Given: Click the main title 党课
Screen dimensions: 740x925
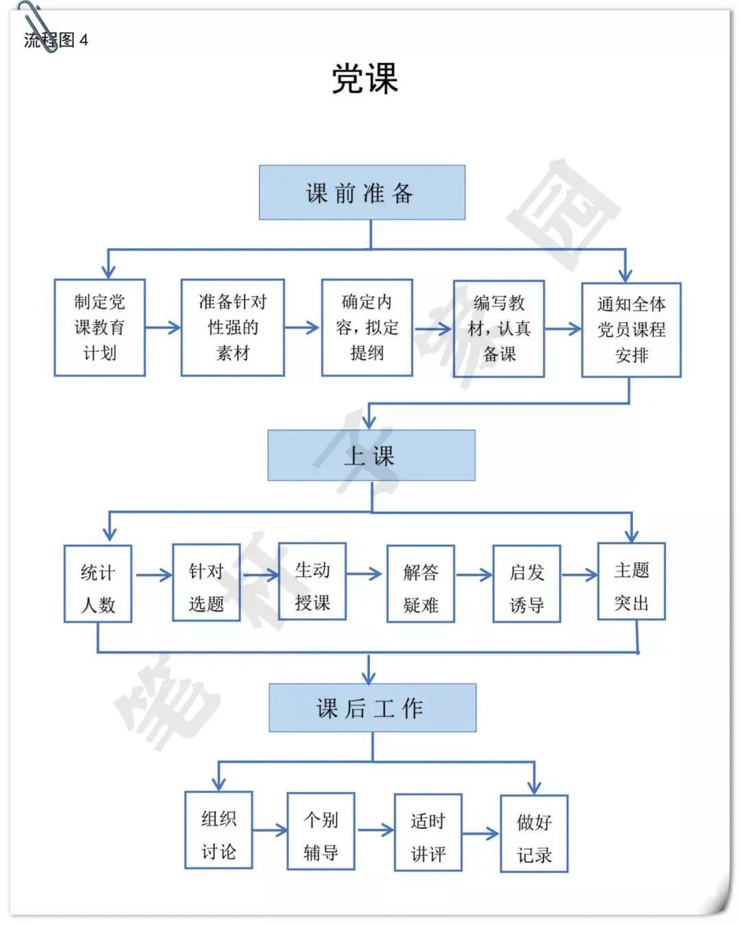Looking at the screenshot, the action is click(365, 78).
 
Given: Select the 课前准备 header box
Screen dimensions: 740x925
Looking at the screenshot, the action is click(362, 192).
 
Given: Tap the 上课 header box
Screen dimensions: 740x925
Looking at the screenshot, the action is click(371, 455).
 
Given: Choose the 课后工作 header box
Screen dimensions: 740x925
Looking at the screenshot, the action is click(372, 708).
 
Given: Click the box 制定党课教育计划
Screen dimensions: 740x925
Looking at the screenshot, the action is click(99, 328).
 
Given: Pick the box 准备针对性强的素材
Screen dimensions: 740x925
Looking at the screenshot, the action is click(233, 328).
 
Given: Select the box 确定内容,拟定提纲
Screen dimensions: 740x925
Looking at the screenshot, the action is click(367, 328).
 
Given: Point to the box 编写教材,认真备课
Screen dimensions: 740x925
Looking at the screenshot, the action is click(499, 329).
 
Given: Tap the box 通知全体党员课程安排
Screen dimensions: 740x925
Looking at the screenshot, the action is click(631, 330).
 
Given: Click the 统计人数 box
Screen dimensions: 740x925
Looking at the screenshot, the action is click(97, 584).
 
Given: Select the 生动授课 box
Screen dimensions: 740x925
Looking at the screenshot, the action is click(312, 581).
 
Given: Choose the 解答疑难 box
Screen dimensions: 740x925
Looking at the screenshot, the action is click(421, 584).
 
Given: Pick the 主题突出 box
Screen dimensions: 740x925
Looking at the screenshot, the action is click(631, 581).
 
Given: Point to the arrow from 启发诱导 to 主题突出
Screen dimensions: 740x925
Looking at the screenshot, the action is click(580, 575).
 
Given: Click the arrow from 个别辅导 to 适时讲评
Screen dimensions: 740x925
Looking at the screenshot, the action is click(375, 830).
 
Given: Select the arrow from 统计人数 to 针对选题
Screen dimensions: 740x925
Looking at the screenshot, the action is click(154, 575).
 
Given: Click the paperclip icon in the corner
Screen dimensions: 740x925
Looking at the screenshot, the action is click(38, 27).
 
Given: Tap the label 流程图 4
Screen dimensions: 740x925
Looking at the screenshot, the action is click(56, 40).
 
